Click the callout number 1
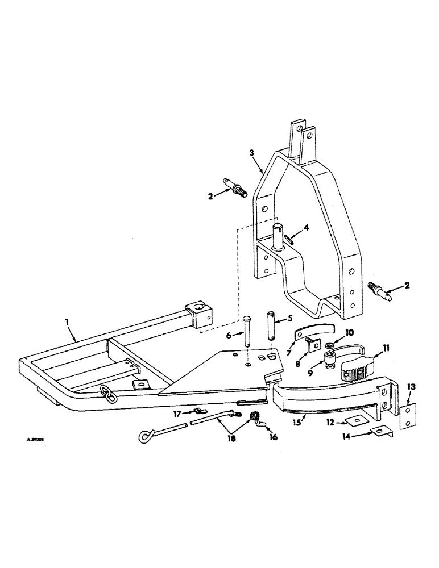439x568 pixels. click(x=68, y=322)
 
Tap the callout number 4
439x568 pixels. click(x=307, y=228)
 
